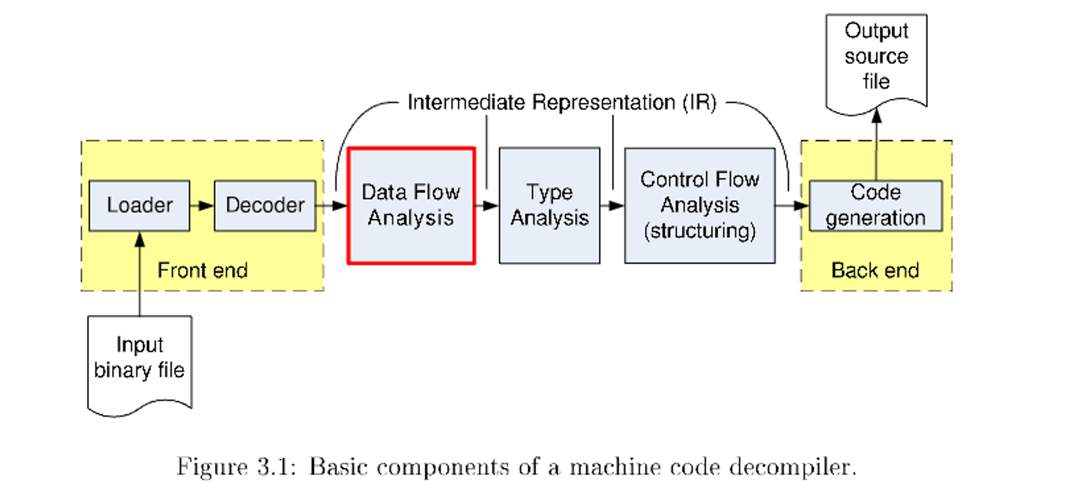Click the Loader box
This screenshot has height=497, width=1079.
(139, 205)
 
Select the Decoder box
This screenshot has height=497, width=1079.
(265, 205)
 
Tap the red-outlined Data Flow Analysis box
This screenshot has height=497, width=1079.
(411, 205)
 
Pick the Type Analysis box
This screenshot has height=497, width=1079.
(549, 205)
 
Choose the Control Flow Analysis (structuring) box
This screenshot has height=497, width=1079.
(700, 205)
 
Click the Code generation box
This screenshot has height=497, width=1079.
(876, 206)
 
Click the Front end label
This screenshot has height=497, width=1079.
(202, 270)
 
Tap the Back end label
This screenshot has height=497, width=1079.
(875, 270)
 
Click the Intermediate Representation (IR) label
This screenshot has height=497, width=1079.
(562, 102)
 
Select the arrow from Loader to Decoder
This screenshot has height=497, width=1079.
(202, 206)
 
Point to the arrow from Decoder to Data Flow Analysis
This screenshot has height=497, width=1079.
(331, 206)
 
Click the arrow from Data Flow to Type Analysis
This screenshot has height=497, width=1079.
(487, 206)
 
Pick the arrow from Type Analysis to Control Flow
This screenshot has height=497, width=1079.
(612, 206)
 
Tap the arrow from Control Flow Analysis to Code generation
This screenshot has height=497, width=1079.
(792, 206)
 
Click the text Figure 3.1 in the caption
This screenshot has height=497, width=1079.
(236, 467)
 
